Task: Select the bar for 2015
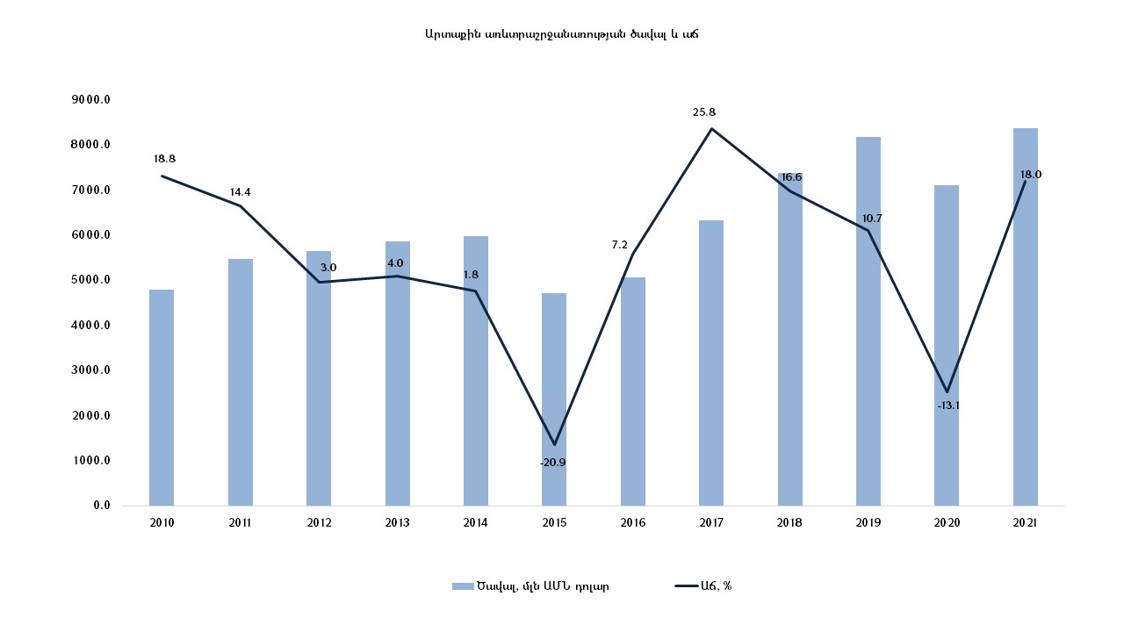[x=554, y=399]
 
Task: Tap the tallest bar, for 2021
[x=1025, y=317]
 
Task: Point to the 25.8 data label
[x=704, y=112]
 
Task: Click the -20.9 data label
[x=553, y=462]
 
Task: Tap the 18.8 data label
[x=164, y=159]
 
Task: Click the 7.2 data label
[x=620, y=245]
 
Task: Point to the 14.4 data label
[x=241, y=191]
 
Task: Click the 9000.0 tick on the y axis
[x=91, y=99]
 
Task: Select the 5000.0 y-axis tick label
[x=91, y=280]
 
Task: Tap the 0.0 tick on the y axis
[x=101, y=506]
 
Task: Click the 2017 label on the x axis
[x=711, y=522]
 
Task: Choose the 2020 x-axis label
[x=947, y=522]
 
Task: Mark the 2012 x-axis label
[x=319, y=522]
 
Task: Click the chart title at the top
[x=561, y=34]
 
